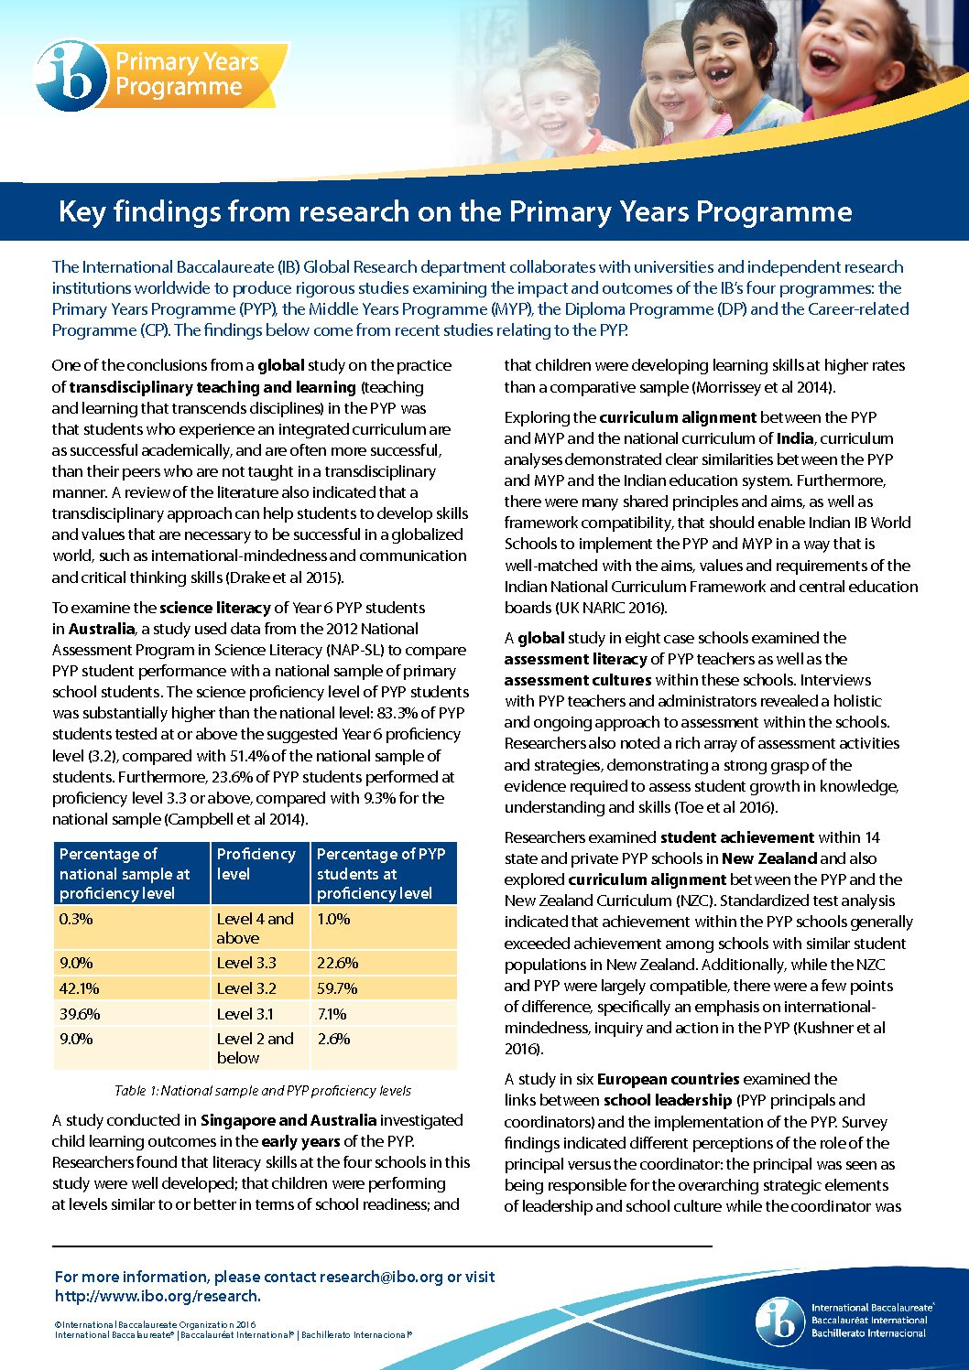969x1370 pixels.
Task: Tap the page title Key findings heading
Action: coord(455,211)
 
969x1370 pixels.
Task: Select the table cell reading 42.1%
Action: coord(80,988)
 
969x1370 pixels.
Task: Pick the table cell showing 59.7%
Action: coord(337,988)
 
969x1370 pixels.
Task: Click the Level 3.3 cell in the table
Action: coord(246,963)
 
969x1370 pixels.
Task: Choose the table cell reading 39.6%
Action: coord(80,1014)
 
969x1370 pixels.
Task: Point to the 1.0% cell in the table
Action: coord(333,919)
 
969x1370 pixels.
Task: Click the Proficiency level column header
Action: coord(256,864)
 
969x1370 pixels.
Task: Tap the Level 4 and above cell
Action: coord(255,928)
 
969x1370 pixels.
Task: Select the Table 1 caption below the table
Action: coord(263,1091)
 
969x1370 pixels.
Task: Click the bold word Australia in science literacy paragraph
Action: coord(102,629)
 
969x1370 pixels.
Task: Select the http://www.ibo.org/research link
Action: coord(158,1296)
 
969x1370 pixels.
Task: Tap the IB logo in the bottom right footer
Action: coord(779,1321)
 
